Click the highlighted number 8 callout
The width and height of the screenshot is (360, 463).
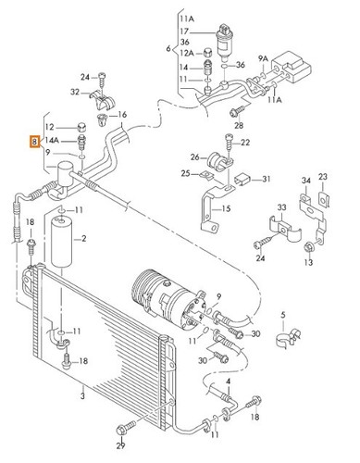[34, 143]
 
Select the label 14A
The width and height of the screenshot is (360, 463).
[53, 140]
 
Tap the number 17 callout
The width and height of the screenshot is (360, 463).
[183, 31]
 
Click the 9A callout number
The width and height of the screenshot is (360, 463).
[262, 57]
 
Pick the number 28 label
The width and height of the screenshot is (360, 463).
[240, 124]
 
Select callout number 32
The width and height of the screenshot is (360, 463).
[74, 93]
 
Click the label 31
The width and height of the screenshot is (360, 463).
[266, 180]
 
